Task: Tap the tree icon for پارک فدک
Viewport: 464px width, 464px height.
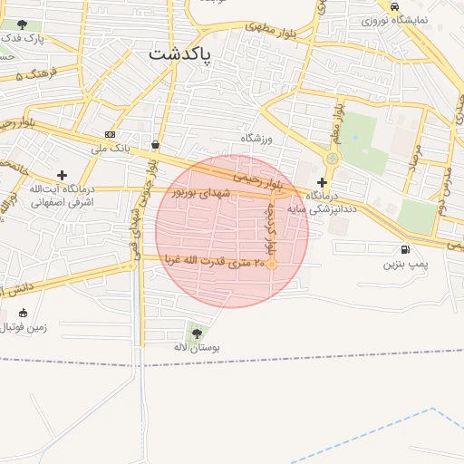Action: [x=22, y=24]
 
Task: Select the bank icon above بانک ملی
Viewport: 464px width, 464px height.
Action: [x=111, y=134]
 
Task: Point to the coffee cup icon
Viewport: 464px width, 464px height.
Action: [x=156, y=144]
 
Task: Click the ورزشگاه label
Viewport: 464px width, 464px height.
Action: [x=256, y=138]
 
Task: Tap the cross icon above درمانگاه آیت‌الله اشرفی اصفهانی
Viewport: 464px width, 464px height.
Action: [x=62, y=175]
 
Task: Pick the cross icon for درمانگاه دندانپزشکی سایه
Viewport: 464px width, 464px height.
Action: [x=322, y=182]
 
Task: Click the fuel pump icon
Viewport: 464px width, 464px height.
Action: [x=403, y=249]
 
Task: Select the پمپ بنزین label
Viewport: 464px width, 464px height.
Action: [x=403, y=264]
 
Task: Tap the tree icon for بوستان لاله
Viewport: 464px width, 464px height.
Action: [x=197, y=333]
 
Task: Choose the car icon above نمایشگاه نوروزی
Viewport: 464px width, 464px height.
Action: [x=394, y=6]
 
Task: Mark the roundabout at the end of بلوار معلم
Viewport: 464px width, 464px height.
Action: [x=332, y=159]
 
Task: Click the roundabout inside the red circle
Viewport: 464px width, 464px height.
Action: [x=271, y=264]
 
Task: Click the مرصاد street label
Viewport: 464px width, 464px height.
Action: [x=413, y=156]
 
